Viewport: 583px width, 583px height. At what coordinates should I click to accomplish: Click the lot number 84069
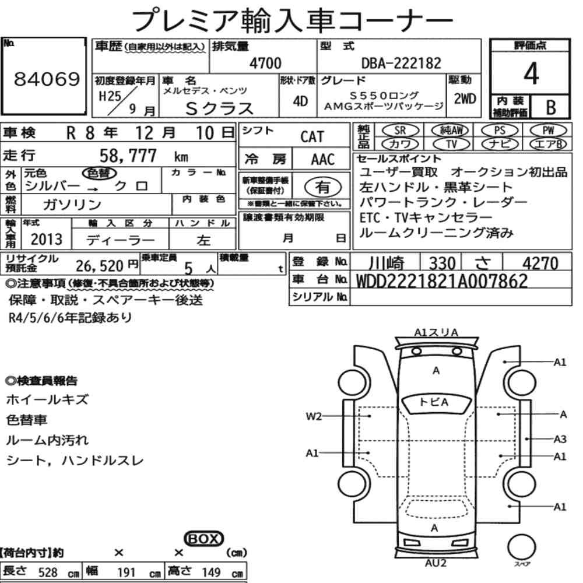click(x=47, y=79)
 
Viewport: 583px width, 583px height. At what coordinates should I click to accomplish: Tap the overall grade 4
click(x=531, y=73)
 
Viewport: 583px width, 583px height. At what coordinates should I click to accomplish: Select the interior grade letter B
click(x=551, y=107)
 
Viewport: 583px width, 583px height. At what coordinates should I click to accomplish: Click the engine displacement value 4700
click(x=265, y=63)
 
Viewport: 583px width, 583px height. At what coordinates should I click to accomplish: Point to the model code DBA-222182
click(x=401, y=63)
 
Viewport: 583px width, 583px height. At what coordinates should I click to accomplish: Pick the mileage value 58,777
click(x=128, y=156)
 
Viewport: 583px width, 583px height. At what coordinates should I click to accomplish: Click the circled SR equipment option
click(x=400, y=131)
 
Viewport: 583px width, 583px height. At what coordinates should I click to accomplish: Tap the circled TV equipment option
click(x=451, y=144)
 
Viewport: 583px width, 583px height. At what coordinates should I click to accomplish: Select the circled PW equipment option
click(x=549, y=131)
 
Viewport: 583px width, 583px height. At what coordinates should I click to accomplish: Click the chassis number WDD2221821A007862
click(x=442, y=281)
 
